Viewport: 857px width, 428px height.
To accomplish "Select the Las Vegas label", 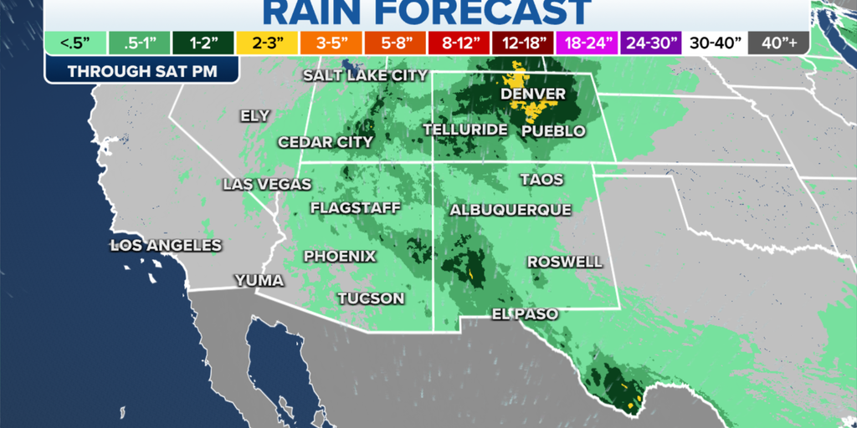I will pos(254,185).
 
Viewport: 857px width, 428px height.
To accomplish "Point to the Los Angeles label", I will pos(167,245).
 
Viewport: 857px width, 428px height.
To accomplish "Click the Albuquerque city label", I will pos(510,209).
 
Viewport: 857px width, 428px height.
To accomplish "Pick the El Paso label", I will pos(525,313).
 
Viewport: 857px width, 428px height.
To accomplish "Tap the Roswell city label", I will pos(564,262).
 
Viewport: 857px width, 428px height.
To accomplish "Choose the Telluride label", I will pos(465,130).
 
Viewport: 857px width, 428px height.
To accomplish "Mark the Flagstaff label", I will pos(355,207).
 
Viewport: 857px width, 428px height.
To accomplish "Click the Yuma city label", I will pos(259,280).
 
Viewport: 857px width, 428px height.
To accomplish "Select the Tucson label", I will pos(371,298).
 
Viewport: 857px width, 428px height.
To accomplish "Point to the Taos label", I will pos(541,180).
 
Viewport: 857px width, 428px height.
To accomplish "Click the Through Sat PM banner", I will pos(141,71).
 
